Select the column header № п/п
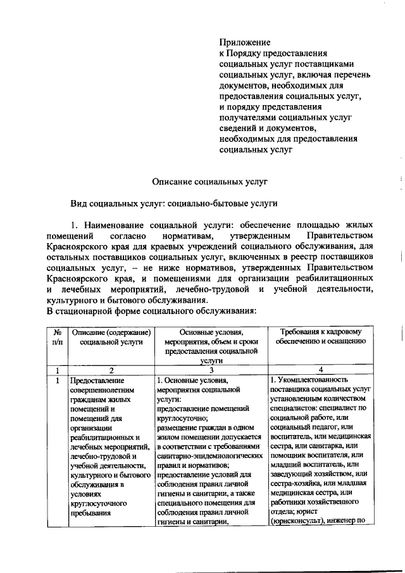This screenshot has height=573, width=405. point(58,336)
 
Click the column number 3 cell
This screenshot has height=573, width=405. point(211,370)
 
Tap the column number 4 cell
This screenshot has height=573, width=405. point(321,370)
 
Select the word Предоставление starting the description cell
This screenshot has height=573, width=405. point(97,381)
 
